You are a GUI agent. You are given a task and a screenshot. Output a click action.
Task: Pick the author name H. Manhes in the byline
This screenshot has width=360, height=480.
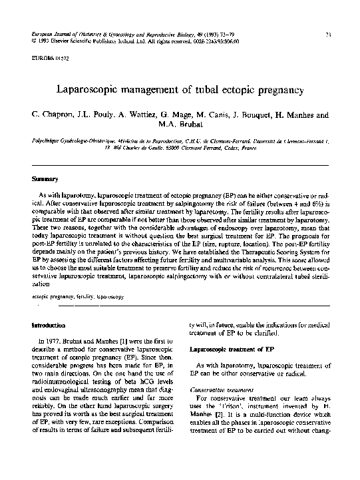286,115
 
